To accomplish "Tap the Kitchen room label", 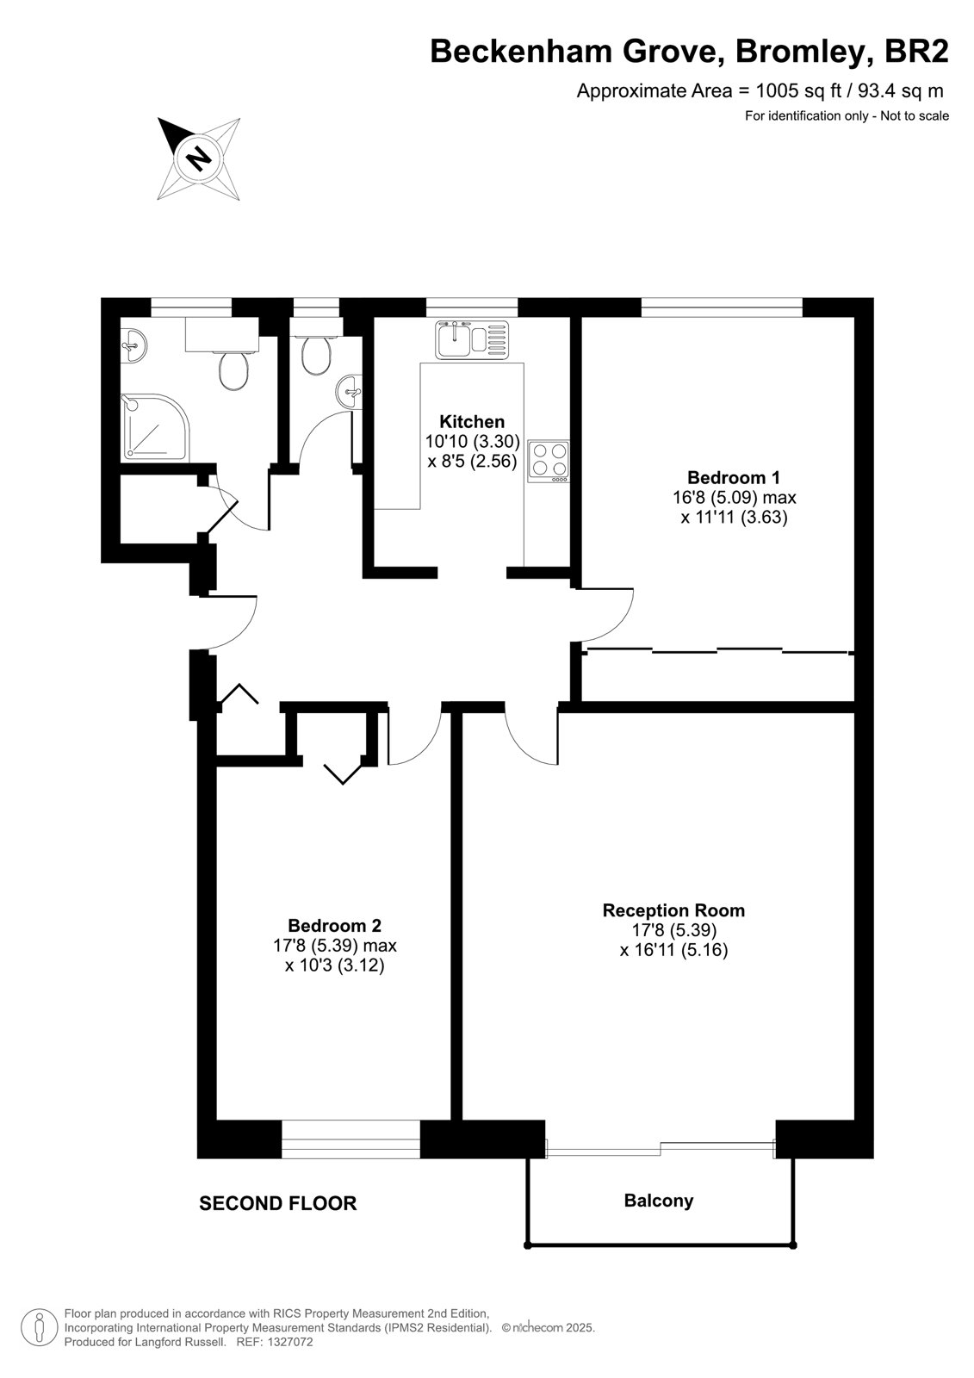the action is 472,422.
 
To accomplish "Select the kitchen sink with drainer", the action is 473,339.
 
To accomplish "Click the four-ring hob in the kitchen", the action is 549,462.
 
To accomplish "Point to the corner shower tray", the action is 155,427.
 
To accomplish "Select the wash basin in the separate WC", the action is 350,391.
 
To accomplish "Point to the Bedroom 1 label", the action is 734,477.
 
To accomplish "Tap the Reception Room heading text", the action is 673,909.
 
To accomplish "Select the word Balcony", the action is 658,1201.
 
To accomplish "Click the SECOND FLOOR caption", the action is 278,1203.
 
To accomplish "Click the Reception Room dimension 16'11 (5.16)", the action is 673,950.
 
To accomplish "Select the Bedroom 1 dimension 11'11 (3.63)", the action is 734,517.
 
